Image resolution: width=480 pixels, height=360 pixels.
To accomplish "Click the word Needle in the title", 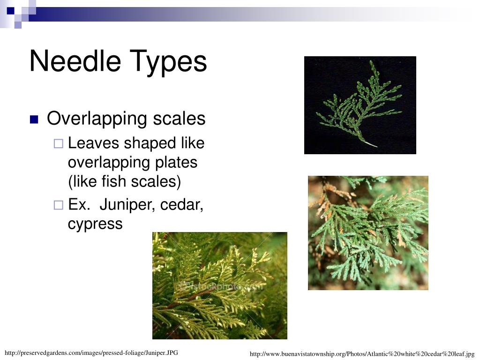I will pos(67,61).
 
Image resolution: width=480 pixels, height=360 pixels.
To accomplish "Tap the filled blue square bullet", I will pos(34,120).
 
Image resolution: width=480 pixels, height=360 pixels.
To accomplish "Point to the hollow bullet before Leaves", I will pos(58,144).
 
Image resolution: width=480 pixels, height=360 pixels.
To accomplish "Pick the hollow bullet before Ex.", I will pos(58,205).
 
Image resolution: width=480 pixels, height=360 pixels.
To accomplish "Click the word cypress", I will pos(95,224).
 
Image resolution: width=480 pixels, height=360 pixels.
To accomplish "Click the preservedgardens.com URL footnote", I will pos(91,352).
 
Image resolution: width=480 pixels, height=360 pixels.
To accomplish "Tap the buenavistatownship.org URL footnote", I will pos(362,354).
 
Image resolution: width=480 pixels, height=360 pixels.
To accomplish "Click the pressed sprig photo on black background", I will pos(360,105).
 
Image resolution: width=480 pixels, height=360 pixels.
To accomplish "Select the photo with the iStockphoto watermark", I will pos(219,285).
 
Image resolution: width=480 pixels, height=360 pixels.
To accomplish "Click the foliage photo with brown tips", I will pos(368,232).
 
